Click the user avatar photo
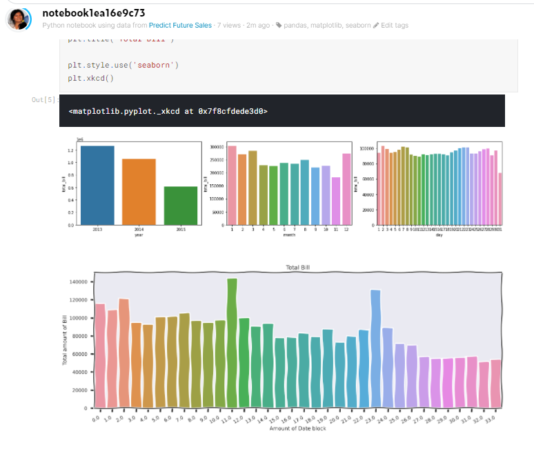point(19,18)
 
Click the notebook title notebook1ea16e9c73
point(93,13)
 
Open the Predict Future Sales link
point(180,26)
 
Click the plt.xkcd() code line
point(90,78)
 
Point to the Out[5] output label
point(45,100)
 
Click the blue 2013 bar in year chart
point(97,185)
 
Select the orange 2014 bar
point(139,191)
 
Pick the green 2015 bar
point(180,205)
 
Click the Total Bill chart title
point(299,267)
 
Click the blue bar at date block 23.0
point(375,348)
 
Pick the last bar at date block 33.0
point(495,383)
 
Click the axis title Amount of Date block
point(299,429)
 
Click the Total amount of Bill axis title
point(65,338)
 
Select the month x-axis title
point(288,235)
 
